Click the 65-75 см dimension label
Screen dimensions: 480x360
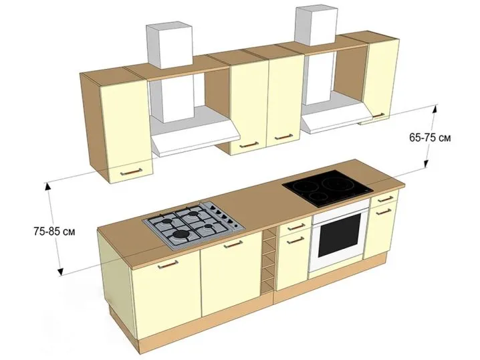pos(430,138)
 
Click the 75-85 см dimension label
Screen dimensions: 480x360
pos(54,232)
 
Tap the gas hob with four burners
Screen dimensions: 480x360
pos(194,224)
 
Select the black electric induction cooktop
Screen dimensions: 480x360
pos(328,189)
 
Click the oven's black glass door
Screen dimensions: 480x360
pos(340,236)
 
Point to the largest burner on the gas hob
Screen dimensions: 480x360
pos(179,235)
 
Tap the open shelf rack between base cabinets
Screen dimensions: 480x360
pos(268,260)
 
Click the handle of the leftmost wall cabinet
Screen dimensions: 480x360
pos(131,172)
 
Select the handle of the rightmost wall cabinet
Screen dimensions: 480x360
pos(378,116)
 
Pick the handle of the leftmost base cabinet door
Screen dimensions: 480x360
pos(168,264)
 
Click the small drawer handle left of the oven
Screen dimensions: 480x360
pos(297,228)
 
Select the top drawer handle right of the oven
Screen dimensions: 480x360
pos(386,199)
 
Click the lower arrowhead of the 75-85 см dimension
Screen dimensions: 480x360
pos(60,271)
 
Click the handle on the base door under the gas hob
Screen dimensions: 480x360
pos(233,244)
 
